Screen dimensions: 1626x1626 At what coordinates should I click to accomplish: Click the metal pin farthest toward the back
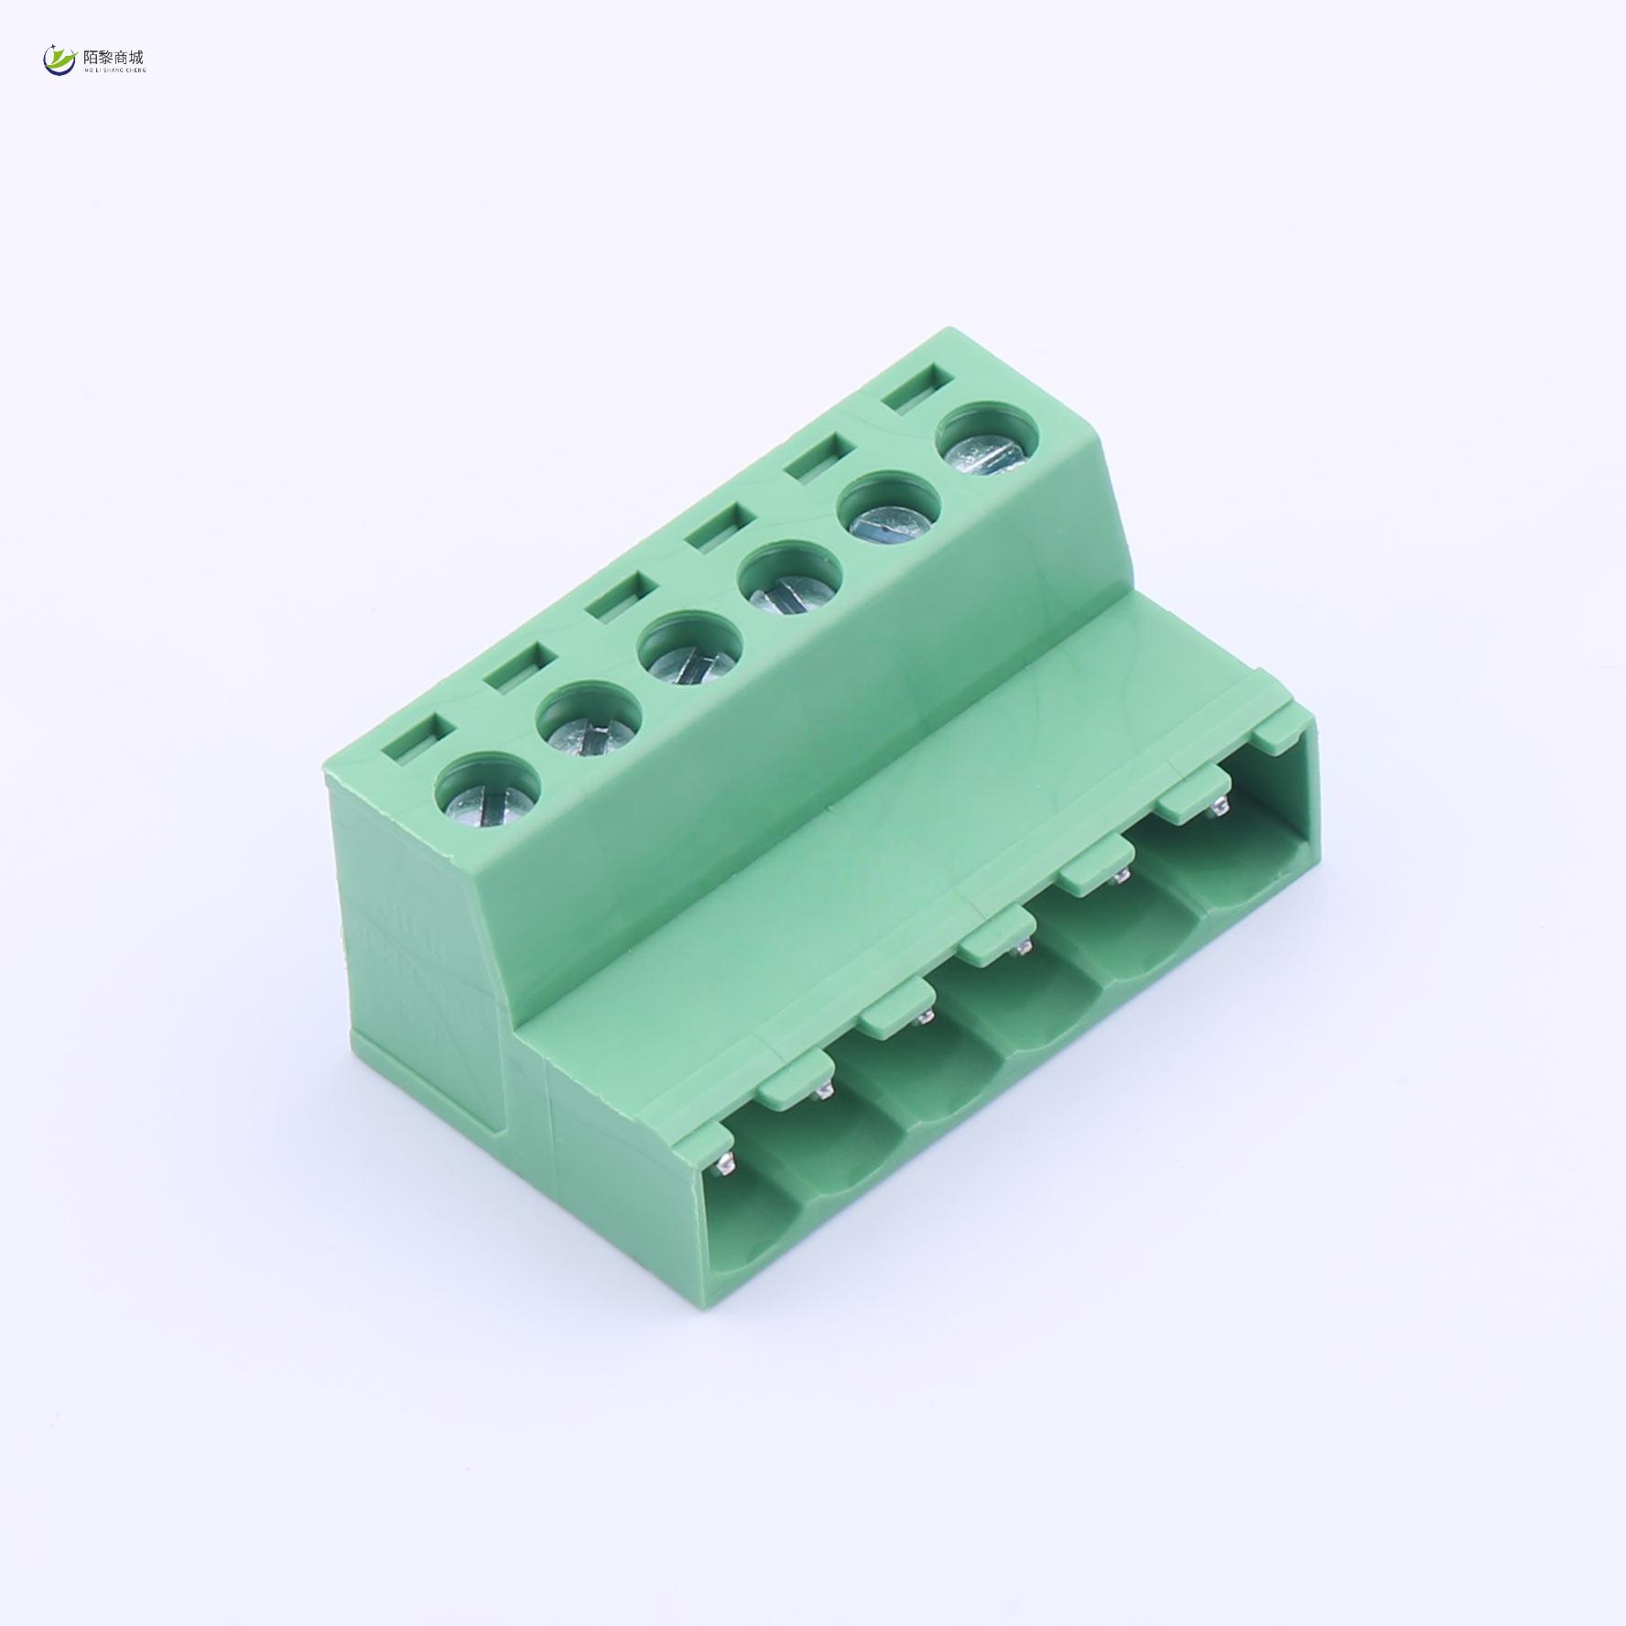click(1219, 808)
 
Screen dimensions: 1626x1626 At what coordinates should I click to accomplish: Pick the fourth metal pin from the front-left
click(1023, 948)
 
